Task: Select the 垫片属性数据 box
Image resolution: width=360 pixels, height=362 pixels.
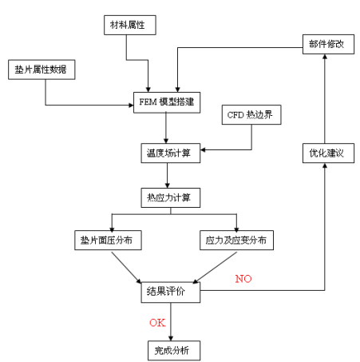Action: coord(40,70)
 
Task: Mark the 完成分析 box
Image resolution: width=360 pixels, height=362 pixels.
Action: coord(169,349)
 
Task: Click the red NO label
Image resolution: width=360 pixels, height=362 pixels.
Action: coord(245,279)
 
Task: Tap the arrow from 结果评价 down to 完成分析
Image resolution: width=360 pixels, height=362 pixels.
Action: coord(171,321)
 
